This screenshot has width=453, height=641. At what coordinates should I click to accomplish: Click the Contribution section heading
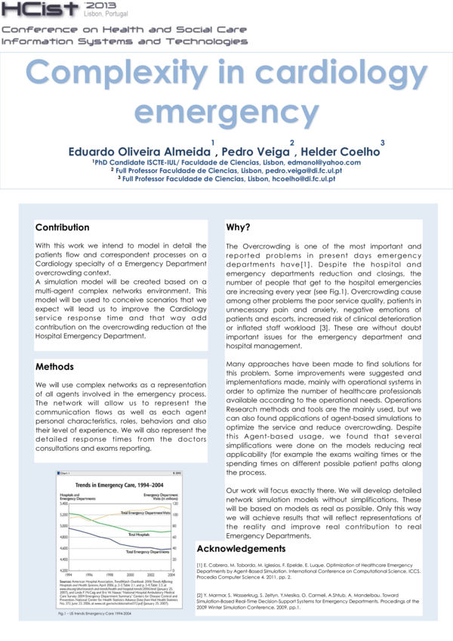[62, 227]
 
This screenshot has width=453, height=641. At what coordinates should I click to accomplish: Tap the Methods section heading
[54, 367]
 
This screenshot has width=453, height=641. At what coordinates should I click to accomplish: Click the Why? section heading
[238, 227]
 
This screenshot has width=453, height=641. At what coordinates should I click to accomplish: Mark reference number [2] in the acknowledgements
[201, 596]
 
